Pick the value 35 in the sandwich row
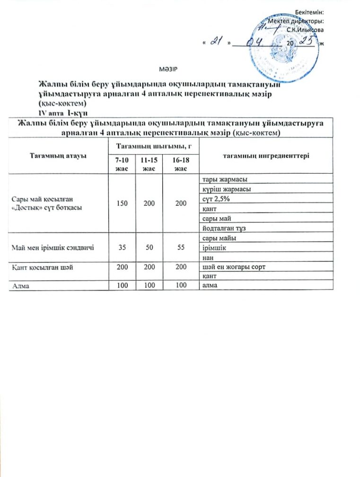coord(122,247)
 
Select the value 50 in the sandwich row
coord(148,247)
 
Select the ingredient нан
coord(207,257)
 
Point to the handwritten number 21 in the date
coord(216,43)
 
